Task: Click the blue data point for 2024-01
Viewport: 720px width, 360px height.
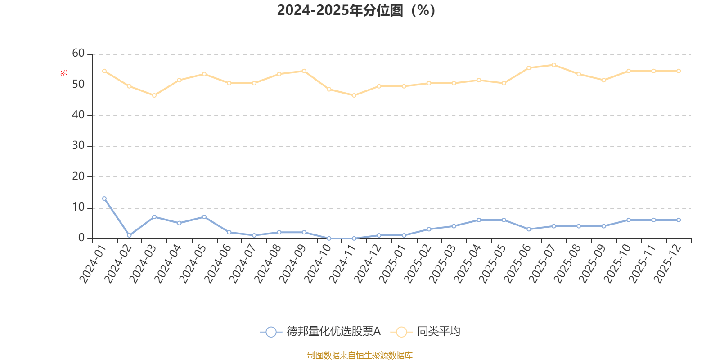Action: point(104,198)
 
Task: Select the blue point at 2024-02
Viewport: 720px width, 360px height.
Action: point(129,235)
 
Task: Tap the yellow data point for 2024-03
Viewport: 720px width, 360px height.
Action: point(154,95)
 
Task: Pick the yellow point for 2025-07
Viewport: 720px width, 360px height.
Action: point(553,65)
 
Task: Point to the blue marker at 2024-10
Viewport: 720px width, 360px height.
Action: point(329,238)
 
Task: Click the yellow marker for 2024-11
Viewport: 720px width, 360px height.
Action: point(354,95)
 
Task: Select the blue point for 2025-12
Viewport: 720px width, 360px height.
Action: point(679,220)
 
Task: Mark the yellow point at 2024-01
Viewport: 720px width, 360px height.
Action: point(104,71)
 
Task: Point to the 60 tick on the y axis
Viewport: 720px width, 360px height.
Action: point(78,53)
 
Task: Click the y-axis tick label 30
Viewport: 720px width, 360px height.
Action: point(78,145)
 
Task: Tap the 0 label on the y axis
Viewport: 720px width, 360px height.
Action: point(81,238)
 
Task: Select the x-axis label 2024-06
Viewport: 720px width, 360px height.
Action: point(217,264)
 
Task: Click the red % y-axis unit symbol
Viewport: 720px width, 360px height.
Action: point(64,73)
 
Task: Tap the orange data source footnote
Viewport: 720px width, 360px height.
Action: point(360,355)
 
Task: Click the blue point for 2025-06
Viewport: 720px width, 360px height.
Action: point(529,229)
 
